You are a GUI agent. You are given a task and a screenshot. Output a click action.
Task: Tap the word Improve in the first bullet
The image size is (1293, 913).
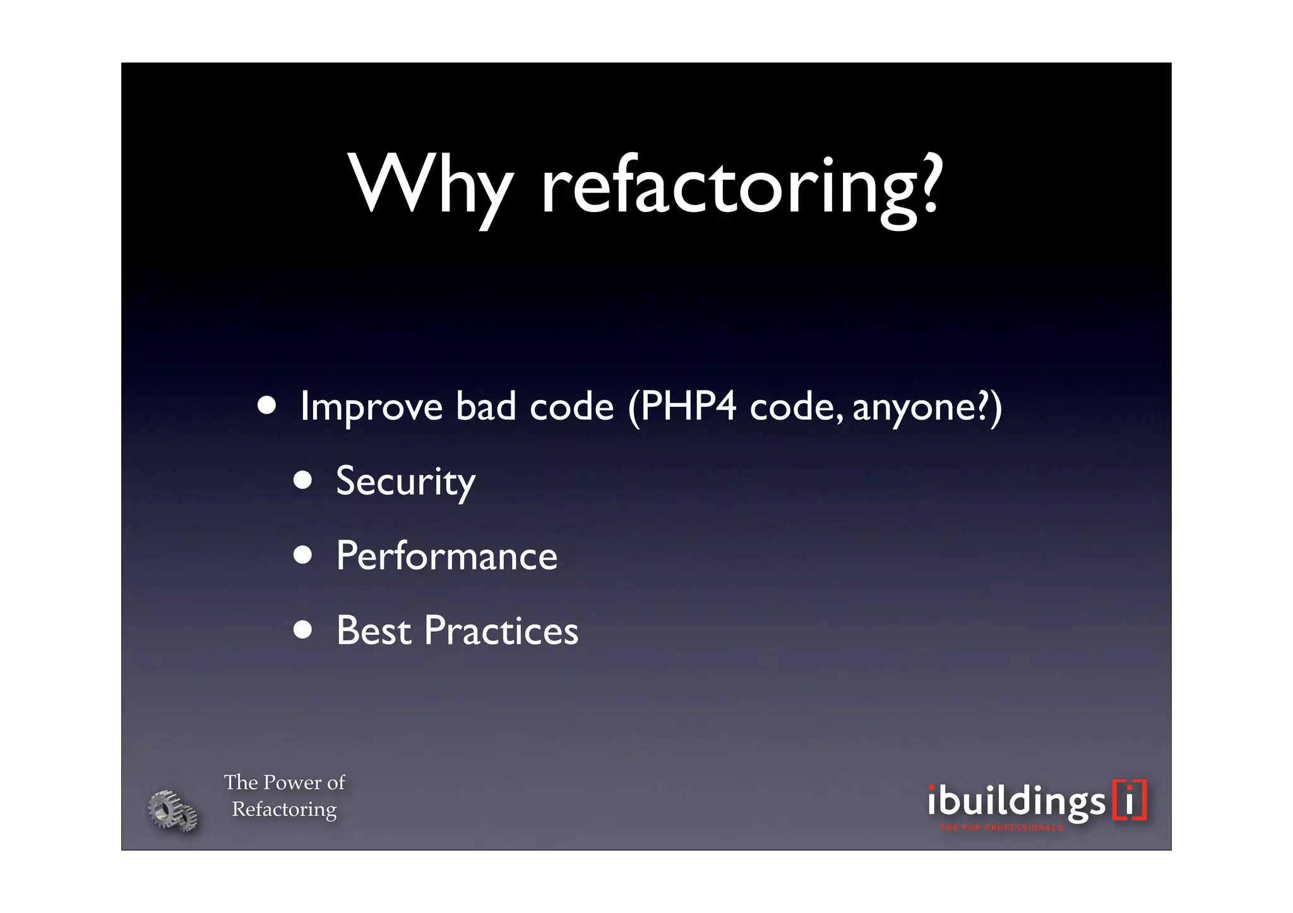(x=371, y=407)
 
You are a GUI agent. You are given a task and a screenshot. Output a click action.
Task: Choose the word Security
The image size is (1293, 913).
(x=405, y=482)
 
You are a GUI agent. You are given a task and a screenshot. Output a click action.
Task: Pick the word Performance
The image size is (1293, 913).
(x=446, y=557)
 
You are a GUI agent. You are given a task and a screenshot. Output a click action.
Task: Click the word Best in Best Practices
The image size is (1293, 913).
(x=374, y=630)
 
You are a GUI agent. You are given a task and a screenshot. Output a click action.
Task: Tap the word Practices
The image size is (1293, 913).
(x=501, y=630)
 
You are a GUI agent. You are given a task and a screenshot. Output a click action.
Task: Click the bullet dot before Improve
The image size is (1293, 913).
(x=266, y=406)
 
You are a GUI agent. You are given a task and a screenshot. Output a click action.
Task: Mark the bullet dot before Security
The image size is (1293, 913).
(x=303, y=480)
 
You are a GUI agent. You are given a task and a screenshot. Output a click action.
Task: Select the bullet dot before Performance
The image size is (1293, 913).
(x=303, y=555)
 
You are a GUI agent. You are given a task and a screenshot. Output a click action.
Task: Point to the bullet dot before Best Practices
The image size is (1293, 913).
(x=303, y=629)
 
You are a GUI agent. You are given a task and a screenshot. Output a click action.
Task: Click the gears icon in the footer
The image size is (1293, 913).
(x=172, y=810)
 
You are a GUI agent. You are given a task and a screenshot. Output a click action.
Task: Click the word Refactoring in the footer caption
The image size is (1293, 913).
(x=284, y=809)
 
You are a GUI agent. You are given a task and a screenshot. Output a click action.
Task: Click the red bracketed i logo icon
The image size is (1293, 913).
(x=1129, y=800)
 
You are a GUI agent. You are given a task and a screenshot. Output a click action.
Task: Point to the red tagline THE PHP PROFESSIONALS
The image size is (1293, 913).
(x=1001, y=828)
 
